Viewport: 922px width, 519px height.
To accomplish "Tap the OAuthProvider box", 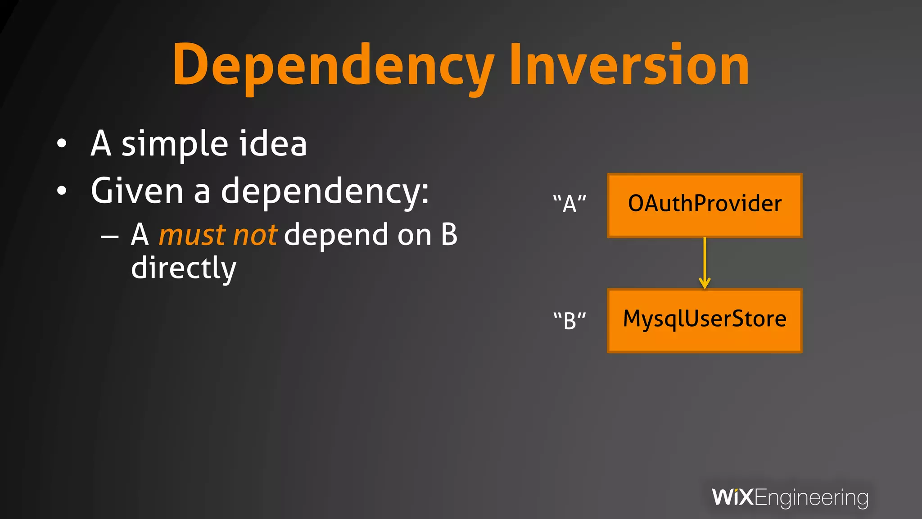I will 705,205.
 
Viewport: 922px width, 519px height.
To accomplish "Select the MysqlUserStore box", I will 705,320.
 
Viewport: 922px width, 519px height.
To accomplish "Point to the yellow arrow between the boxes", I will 705,264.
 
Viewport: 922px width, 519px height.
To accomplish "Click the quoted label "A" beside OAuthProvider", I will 569,204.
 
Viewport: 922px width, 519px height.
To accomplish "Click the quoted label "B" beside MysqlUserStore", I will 569,320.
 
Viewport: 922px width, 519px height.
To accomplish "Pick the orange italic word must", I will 192,235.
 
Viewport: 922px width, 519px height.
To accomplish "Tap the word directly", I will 183,268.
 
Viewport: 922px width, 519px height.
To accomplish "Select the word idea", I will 273,143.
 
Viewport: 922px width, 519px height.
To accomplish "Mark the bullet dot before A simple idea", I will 62,144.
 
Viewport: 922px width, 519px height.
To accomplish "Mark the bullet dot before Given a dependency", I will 62,191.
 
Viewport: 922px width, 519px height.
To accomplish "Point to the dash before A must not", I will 110,236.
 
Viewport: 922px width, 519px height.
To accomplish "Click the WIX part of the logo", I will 732,497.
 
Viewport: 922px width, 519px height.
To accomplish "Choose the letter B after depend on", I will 449,235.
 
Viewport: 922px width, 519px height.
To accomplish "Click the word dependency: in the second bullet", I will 325,191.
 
